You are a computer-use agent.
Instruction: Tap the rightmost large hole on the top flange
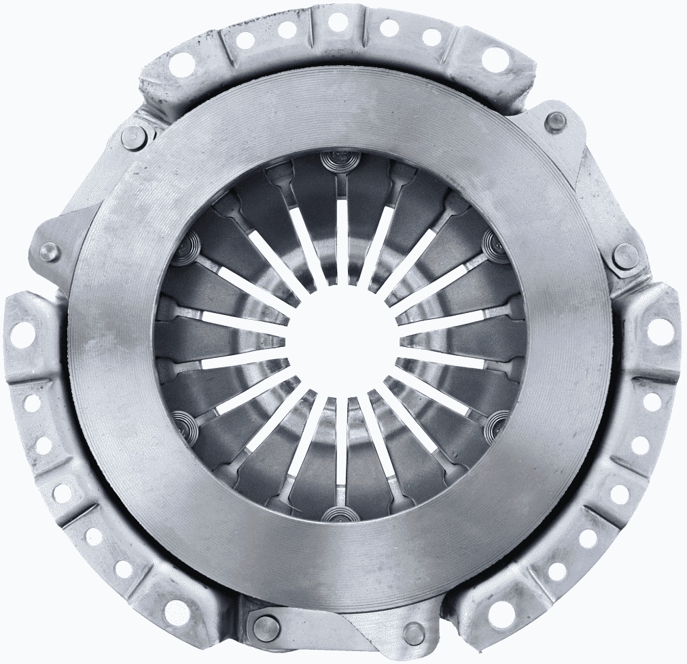495,59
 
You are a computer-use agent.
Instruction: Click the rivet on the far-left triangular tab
50,252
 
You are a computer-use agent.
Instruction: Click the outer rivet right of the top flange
556,122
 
